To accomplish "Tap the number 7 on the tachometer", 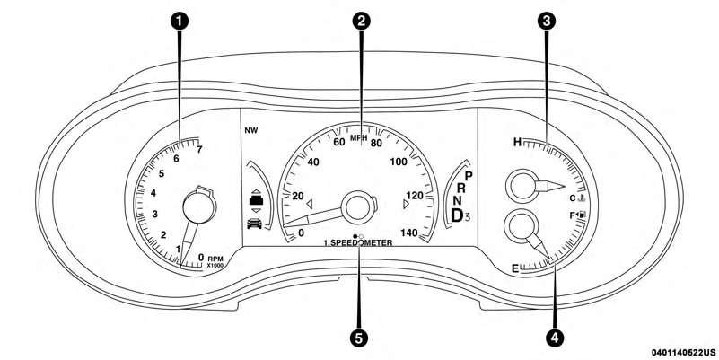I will coord(198,149).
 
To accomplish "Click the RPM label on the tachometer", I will coord(215,258).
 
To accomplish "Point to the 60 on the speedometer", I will coord(339,142).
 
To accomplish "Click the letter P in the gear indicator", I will coord(469,176).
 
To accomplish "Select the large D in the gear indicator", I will coord(459,215).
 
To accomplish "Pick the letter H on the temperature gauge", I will coord(517,142).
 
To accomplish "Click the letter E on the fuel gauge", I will coord(515,268).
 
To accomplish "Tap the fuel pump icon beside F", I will coord(583,215).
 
